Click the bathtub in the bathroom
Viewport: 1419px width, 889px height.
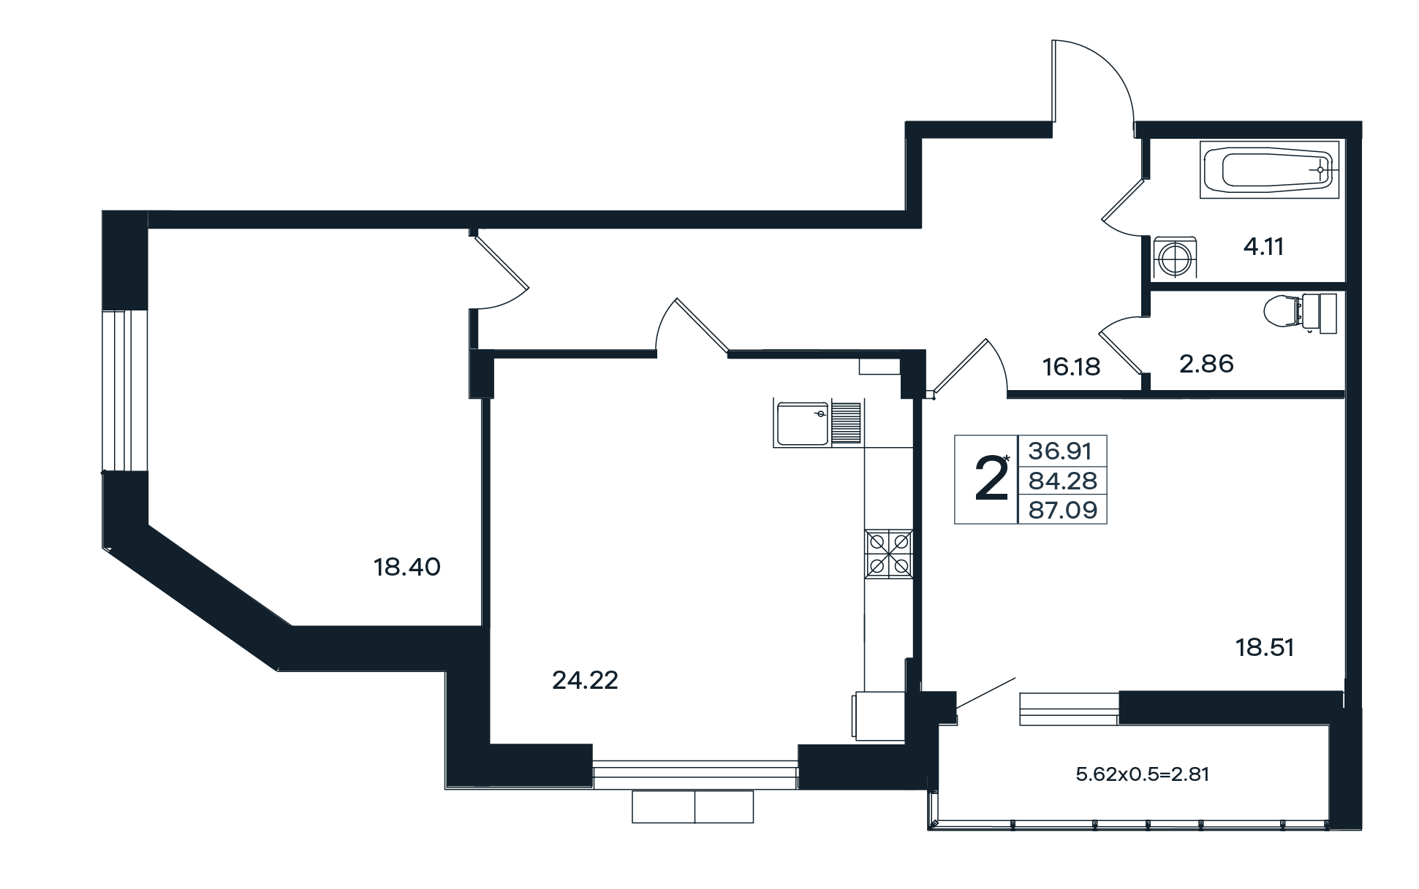tap(1268, 169)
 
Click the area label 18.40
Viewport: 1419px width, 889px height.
tap(407, 567)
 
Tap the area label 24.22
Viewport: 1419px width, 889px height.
tap(585, 681)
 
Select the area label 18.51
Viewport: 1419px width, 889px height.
tap(1265, 647)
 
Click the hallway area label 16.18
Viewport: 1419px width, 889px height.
tap(1071, 367)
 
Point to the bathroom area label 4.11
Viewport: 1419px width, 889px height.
tap(1263, 247)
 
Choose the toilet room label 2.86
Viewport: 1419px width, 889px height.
tap(1206, 363)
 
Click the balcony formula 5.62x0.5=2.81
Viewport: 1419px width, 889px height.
tap(1143, 774)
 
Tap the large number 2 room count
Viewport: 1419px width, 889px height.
tap(992, 479)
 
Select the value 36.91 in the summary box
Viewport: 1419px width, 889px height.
tap(1060, 451)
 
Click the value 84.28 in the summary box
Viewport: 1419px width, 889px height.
tap(1063, 481)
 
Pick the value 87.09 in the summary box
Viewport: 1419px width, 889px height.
tap(1063, 509)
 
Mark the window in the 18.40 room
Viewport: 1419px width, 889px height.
tap(116, 391)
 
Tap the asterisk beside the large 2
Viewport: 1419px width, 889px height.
tap(1007, 459)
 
